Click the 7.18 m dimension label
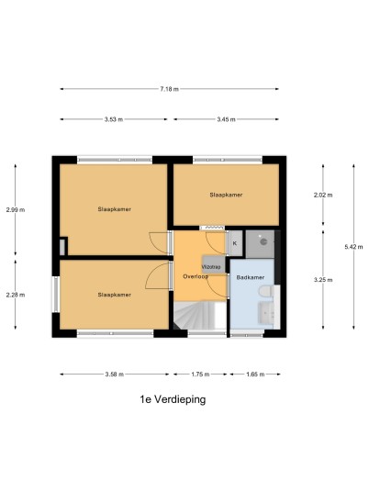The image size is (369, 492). tap(170, 89)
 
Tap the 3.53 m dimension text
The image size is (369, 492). tap(114, 119)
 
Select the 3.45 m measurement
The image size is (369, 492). tap(226, 119)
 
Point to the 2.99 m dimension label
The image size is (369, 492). tap(16, 210)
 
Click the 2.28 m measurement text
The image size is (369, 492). tap(16, 295)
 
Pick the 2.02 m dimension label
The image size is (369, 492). tap(323, 196)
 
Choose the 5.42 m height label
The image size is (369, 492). tap(353, 247)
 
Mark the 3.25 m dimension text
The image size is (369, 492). tap(323, 280)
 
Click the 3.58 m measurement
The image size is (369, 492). tap(115, 375)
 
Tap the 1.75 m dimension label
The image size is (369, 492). tap(200, 375)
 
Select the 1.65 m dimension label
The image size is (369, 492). tap(255, 375)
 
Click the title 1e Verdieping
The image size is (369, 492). tap(173, 400)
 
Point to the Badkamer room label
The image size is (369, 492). tap(251, 277)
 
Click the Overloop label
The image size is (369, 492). tap(196, 277)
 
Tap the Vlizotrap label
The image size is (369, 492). tap(211, 267)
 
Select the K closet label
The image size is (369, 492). tap(235, 243)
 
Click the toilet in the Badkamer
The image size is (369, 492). tap(266, 291)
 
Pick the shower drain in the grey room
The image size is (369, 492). tap(263, 242)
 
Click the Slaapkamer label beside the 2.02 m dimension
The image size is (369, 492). tap(226, 195)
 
